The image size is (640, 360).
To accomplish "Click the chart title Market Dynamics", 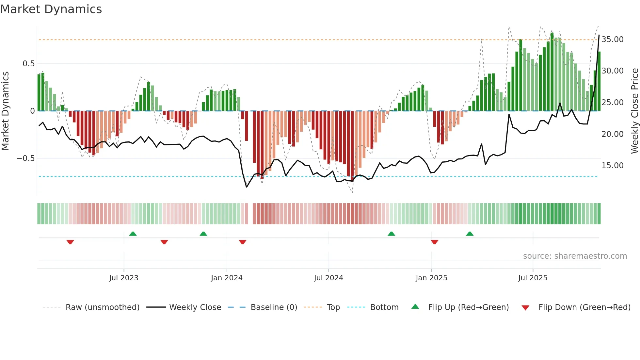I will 51,9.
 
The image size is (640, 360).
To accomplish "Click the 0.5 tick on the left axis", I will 28,64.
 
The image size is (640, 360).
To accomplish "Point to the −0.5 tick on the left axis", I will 25,158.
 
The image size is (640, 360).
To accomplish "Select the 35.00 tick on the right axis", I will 612,40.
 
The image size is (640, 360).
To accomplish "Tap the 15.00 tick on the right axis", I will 612,166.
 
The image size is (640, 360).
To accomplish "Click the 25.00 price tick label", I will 612,103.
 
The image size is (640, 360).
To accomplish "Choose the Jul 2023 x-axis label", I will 124,278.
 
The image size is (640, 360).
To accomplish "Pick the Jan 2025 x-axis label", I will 431,278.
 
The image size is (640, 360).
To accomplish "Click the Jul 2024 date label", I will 328,278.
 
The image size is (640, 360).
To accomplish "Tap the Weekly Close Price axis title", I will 634,111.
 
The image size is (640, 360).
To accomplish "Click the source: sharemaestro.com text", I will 575,256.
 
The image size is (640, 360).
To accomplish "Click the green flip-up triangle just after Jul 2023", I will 133,234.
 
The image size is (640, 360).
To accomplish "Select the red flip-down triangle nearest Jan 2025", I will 434,242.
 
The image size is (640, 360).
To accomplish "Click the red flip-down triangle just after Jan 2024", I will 243,242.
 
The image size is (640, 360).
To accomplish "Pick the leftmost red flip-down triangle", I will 70,242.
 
